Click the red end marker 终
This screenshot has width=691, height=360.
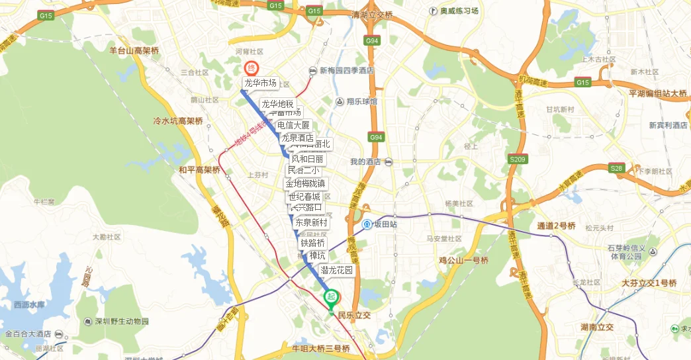click(251, 67)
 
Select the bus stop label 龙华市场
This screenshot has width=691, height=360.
click(260, 83)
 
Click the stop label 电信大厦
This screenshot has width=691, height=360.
click(293, 125)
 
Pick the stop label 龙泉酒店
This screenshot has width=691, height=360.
click(297, 138)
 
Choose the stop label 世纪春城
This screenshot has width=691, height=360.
click(304, 197)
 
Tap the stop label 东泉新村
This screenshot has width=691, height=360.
click(311, 222)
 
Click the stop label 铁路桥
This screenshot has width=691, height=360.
click(312, 243)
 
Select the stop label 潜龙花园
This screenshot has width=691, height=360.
click(337, 270)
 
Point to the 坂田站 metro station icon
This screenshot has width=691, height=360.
click(367, 224)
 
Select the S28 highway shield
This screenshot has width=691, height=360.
click(617, 168)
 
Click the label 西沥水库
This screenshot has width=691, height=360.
click(30, 305)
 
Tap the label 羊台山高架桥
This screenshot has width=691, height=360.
click(134, 50)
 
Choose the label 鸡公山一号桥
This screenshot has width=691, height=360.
click(463, 261)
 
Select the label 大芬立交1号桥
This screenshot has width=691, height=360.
click(649, 283)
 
